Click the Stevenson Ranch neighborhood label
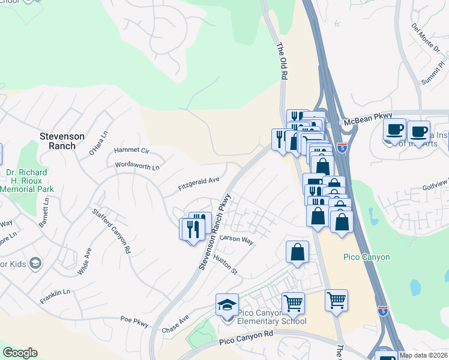point(66,141)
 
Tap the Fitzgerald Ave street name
point(199,182)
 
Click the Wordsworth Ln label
point(137,166)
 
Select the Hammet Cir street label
point(131,150)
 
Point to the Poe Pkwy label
point(134,320)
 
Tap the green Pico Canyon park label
point(366,257)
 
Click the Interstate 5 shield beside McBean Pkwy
point(341,147)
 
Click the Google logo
point(20,353)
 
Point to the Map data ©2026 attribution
point(423,355)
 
